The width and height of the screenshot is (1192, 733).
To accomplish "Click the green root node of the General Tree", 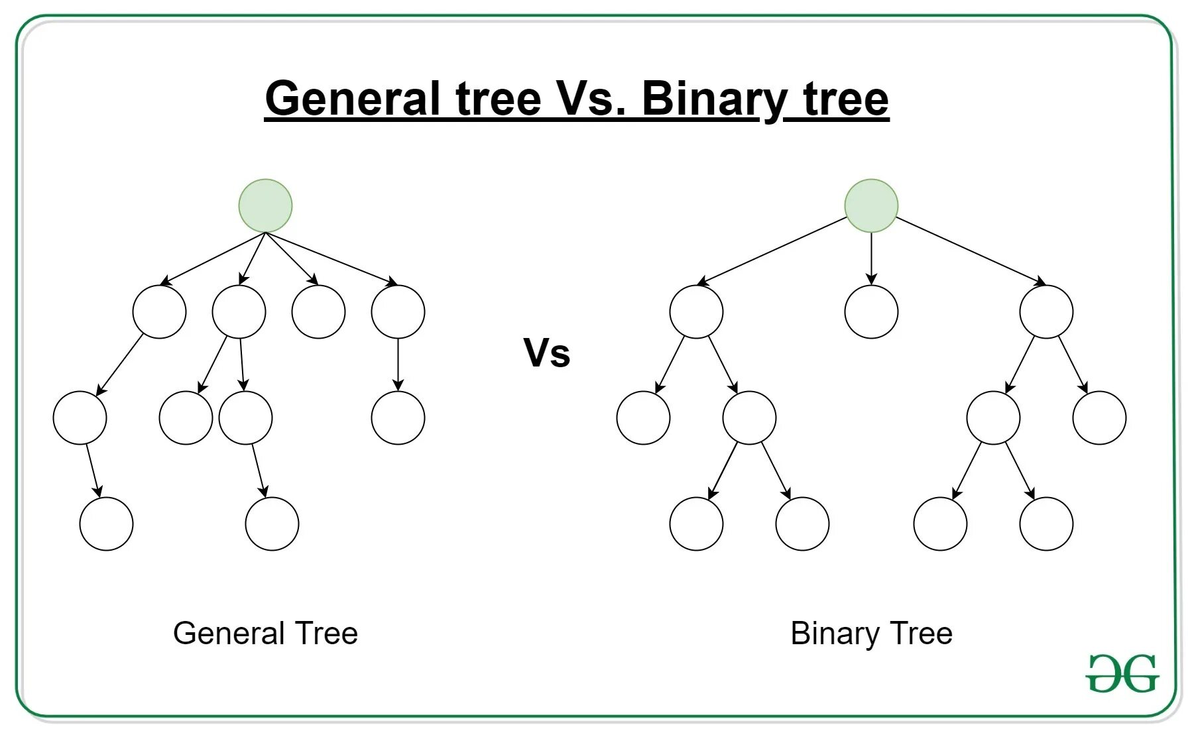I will [x=265, y=205].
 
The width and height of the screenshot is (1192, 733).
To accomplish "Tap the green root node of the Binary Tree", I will [x=871, y=205].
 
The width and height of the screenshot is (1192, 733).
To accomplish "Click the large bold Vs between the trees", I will [x=546, y=353].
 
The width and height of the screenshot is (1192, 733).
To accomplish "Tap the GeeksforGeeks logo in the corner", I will [x=1122, y=673].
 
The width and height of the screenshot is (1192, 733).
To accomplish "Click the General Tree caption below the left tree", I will [x=265, y=634].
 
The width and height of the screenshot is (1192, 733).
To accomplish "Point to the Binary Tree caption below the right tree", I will [x=871, y=634].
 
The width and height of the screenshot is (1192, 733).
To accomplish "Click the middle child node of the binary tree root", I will [x=871, y=311].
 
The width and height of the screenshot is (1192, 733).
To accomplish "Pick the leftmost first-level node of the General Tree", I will [x=159, y=311].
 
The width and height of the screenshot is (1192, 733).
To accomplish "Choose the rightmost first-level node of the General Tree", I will [x=398, y=311].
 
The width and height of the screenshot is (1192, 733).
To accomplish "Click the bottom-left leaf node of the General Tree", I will [x=106, y=524].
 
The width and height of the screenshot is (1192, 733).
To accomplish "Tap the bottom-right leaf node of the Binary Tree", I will [x=1046, y=524].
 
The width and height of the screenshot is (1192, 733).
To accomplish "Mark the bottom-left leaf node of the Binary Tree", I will [x=696, y=524].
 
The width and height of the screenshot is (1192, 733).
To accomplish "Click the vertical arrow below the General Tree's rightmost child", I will [x=398, y=365].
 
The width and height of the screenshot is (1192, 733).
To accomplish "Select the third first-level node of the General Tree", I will [x=318, y=311].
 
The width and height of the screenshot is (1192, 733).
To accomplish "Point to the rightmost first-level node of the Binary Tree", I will [x=1046, y=311].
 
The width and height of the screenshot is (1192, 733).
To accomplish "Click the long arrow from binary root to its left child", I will [x=772, y=251].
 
